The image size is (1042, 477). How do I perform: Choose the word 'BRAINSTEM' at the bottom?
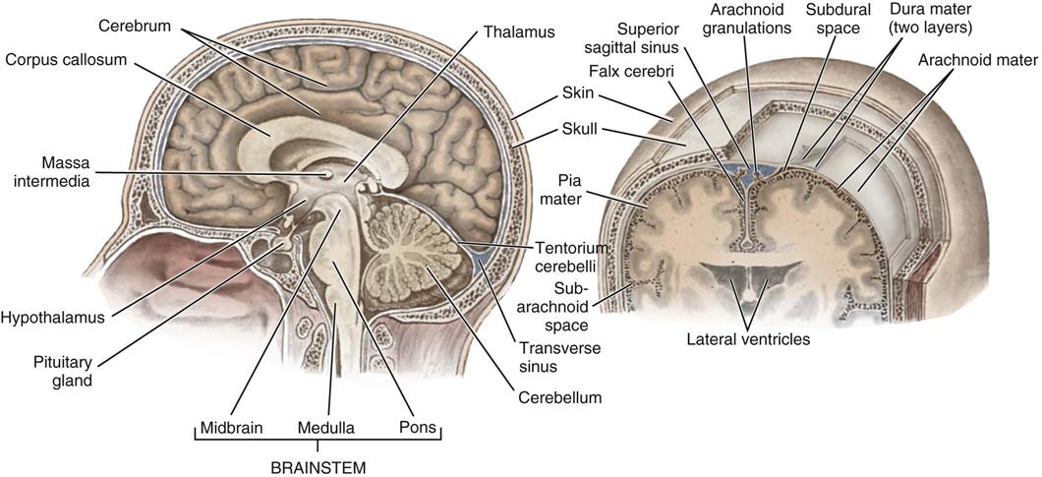pos(318,467)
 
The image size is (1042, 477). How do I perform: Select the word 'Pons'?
pos(418,429)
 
